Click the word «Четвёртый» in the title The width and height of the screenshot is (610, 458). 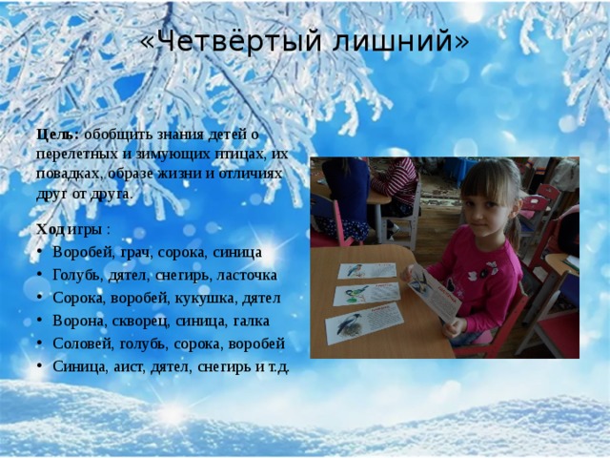pos(240,40)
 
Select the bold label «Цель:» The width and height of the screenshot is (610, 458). pos(58,135)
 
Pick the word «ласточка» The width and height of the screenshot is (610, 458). pos(247,276)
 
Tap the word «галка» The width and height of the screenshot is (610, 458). pos(252,322)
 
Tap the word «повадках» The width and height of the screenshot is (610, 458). pos(70,174)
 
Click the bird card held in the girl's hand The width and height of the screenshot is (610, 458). pos(435,293)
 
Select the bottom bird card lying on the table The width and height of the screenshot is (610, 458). pos(364,323)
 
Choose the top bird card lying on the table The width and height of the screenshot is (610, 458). pos(367,271)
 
